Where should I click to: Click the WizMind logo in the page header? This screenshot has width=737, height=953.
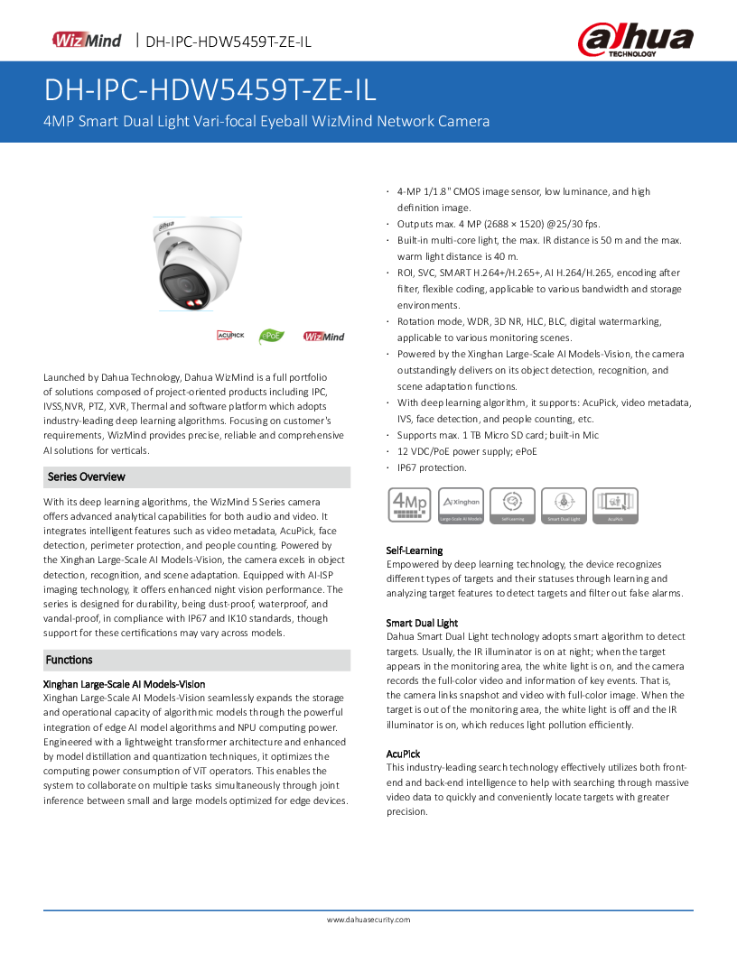pyautogui.click(x=88, y=40)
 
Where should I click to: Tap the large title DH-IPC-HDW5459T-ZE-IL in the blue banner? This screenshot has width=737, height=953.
pyautogui.click(x=210, y=91)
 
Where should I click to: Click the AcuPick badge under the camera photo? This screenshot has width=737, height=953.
pyautogui.click(x=230, y=336)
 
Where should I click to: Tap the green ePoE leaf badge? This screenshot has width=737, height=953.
pyautogui.click(x=271, y=336)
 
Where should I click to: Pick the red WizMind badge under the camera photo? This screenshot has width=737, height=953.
pyautogui.click(x=323, y=337)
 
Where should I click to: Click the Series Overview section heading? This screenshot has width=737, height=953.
pyautogui.click(x=87, y=476)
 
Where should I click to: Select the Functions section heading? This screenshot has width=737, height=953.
pyautogui.click(x=70, y=660)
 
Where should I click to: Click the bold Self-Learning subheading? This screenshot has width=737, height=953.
pyautogui.click(x=415, y=550)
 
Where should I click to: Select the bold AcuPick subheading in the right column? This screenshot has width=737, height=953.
pyautogui.click(x=403, y=754)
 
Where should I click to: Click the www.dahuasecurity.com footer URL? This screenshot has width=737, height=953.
pyautogui.click(x=368, y=920)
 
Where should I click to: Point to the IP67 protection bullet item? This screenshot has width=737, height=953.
pyautogui.click(x=432, y=467)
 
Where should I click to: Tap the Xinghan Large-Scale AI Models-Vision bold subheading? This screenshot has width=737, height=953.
pyautogui.click(x=125, y=684)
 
